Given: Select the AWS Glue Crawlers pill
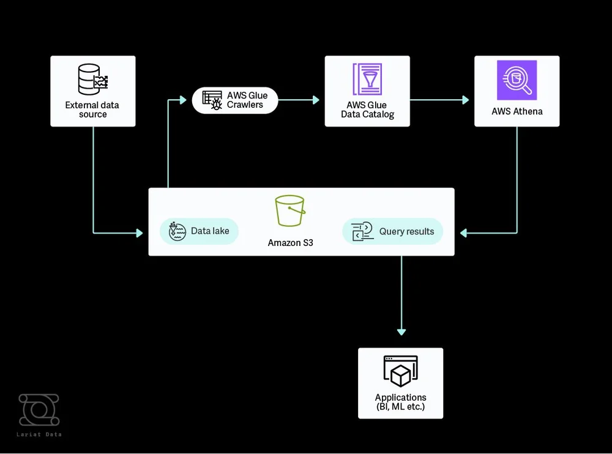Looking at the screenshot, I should (x=235, y=100).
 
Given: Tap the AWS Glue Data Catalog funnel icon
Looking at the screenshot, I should (x=367, y=79).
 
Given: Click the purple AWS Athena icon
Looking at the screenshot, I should (x=517, y=80).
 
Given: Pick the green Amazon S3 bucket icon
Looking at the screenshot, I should (x=290, y=211).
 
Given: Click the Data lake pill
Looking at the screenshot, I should (x=199, y=231).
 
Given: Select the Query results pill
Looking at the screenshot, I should (x=392, y=231).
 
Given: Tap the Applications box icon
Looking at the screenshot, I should (x=400, y=371).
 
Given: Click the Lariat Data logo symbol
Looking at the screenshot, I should (x=39, y=410).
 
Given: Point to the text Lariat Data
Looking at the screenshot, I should (x=39, y=434).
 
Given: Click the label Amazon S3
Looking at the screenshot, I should (x=290, y=243).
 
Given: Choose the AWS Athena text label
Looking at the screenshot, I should (x=517, y=111).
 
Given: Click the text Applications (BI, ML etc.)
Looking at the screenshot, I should (x=400, y=402).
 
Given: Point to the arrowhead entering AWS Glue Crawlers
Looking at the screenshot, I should (x=182, y=100).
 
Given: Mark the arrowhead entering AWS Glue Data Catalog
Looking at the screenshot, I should (x=316, y=100).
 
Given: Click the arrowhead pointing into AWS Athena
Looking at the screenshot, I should (x=466, y=100).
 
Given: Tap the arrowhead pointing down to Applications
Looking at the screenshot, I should (x=401, y=332).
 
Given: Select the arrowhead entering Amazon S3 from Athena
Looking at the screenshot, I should (x=463, y=233).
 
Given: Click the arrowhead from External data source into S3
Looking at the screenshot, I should (x=139, y=233).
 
